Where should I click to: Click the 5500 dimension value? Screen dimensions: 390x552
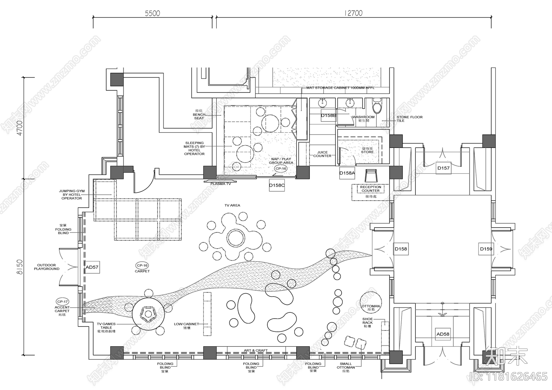coord(152,13)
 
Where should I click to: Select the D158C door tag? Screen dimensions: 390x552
coord(277,185)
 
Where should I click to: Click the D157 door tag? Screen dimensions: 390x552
coord(443,168)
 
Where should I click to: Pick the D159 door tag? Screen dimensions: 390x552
coord(486,249)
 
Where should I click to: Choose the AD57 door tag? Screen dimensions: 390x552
coord(92,267)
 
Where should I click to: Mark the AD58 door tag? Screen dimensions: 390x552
coord(443,334)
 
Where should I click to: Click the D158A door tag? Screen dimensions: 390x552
coord(347,173)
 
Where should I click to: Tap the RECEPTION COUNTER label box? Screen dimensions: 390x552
coord(371,189)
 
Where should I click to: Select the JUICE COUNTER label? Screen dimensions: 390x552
coord(322,154)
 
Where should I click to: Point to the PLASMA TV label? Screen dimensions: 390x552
coord(221,184)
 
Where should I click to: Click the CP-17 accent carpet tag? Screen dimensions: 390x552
coord(62,301)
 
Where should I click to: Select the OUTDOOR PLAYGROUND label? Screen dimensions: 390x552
coord(47,267)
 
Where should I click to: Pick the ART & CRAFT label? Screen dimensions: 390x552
coord(256,350)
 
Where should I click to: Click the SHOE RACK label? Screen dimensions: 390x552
coord(367,322)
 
